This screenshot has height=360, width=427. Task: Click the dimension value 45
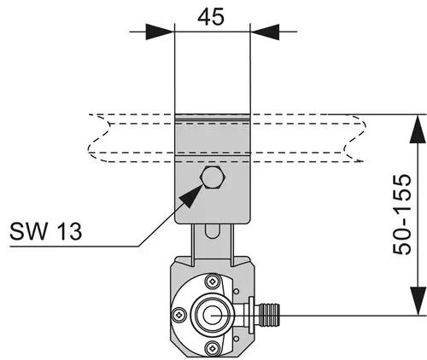pos(211,16)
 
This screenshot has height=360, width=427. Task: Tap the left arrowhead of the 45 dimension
pos(160,32)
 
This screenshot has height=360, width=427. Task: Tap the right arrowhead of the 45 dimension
pos(265,32)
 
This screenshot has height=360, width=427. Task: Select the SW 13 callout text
pos(45,231)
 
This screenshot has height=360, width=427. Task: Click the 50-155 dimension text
pos(402,214)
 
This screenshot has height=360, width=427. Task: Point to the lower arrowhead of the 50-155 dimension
pos(418,301)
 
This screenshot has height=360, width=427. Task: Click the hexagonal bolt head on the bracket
pos(213,177)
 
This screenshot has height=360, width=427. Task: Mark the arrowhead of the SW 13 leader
pos(190,196)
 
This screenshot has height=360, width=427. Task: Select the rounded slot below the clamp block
pos(212,231)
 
